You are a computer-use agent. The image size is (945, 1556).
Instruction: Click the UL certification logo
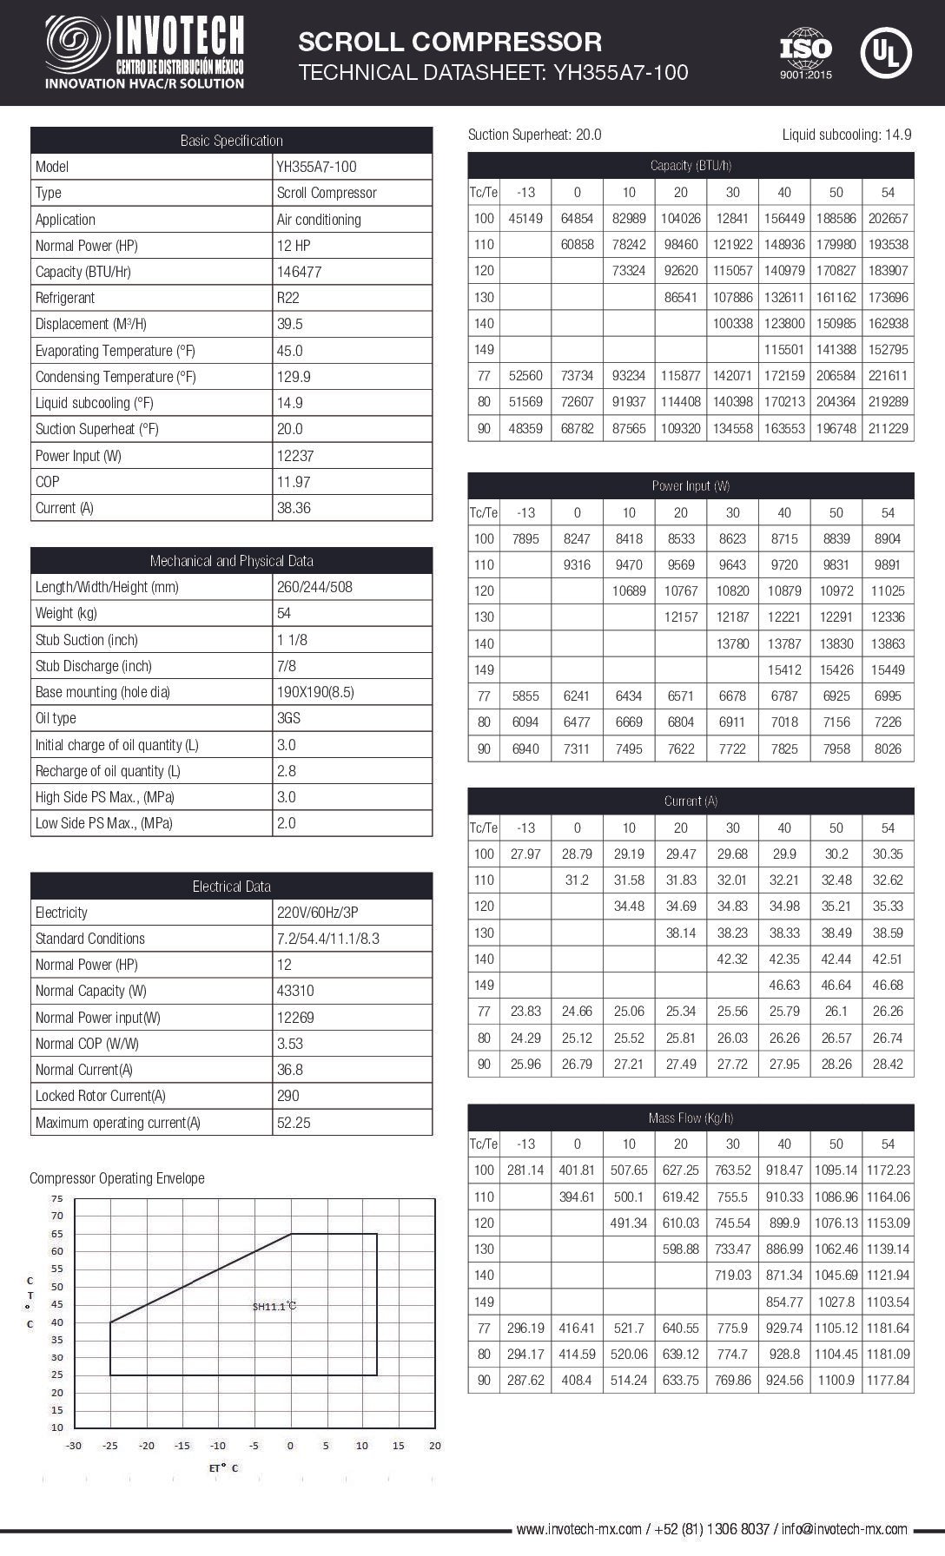[885, 53]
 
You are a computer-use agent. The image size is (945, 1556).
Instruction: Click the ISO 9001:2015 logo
[805, 53]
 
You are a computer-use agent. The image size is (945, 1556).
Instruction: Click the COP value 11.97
[294, 482]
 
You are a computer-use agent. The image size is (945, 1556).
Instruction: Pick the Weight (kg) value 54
[284, 613]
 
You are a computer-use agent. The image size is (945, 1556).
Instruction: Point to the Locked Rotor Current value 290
[288, 1096]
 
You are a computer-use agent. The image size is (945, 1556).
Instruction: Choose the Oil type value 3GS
[289, 718]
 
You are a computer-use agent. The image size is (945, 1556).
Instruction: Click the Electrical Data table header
[231, 887]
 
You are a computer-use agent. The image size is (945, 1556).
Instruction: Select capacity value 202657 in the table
[888, 219]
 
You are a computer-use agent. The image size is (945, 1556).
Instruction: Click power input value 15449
[888, 669]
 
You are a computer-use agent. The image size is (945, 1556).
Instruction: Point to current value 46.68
[888, 985]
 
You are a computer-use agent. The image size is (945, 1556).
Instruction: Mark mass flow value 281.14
[525, 1170]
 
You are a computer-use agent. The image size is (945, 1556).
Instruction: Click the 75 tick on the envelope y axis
[57, 1198]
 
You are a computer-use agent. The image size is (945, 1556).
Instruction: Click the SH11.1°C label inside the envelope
[274, 1305]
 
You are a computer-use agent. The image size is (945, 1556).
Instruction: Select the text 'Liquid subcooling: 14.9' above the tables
[846, 135]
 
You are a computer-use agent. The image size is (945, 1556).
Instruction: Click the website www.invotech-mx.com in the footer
[578, 1529]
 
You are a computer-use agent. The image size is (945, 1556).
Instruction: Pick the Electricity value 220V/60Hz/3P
[317, 913]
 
